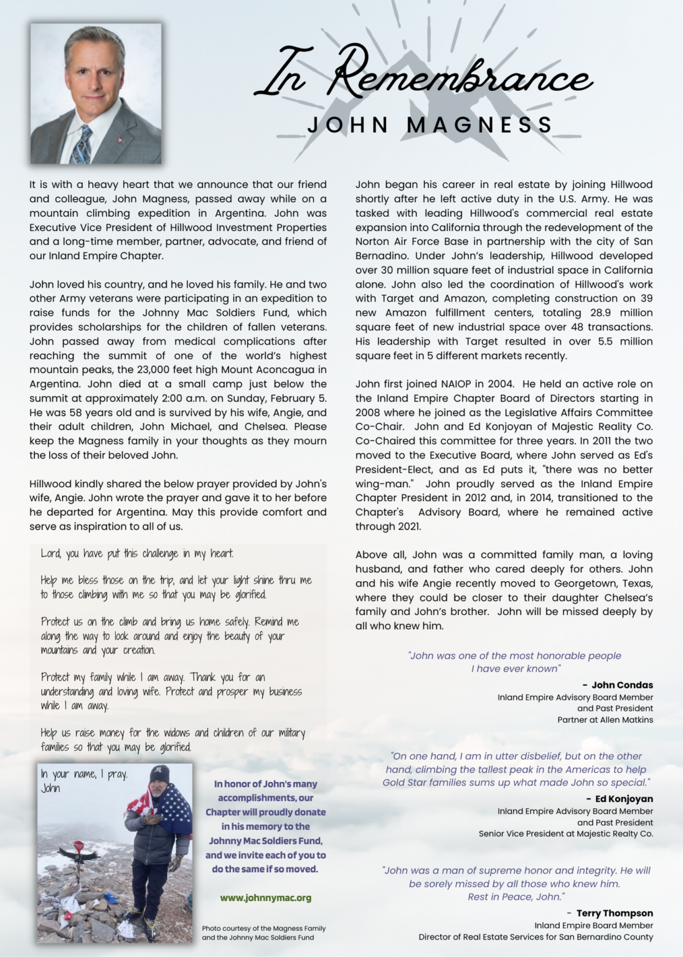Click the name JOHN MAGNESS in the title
pos(430,125)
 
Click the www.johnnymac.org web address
pos(265,898)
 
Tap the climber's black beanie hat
pos(159,774)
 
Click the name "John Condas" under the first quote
pos(621,685)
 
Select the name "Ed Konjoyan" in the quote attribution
pos(624,799)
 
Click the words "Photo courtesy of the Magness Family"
pos(263,928)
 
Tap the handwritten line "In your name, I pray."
pos(84,774)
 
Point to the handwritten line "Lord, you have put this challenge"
pos(137,553)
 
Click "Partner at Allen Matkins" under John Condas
pos(605,720)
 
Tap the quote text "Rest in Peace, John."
pos(516,897)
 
